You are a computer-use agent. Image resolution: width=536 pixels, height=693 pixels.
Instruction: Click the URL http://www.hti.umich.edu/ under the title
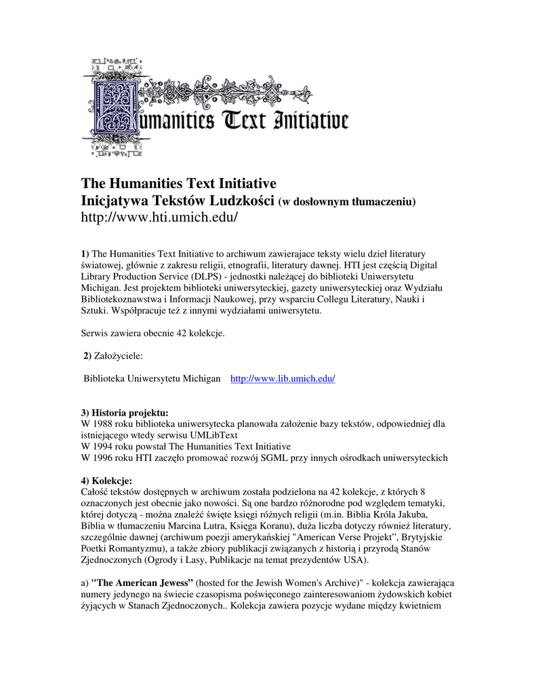[160, 217]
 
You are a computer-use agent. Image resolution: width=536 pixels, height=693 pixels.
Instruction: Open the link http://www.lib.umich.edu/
[283, 379]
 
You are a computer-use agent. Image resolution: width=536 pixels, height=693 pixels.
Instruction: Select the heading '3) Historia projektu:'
[125, 412]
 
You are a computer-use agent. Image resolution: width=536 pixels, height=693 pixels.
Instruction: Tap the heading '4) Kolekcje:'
[106, 480]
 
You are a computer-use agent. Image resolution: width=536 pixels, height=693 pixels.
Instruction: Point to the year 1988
[105, 424]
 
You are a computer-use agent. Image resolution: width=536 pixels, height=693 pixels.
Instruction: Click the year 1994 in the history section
[105, 447]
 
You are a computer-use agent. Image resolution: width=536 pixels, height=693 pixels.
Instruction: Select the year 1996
[105, 457]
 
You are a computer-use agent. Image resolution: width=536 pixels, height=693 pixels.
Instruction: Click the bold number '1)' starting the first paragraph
[85, 253]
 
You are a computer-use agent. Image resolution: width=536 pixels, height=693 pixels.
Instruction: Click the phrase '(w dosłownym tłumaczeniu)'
[347, 202]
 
